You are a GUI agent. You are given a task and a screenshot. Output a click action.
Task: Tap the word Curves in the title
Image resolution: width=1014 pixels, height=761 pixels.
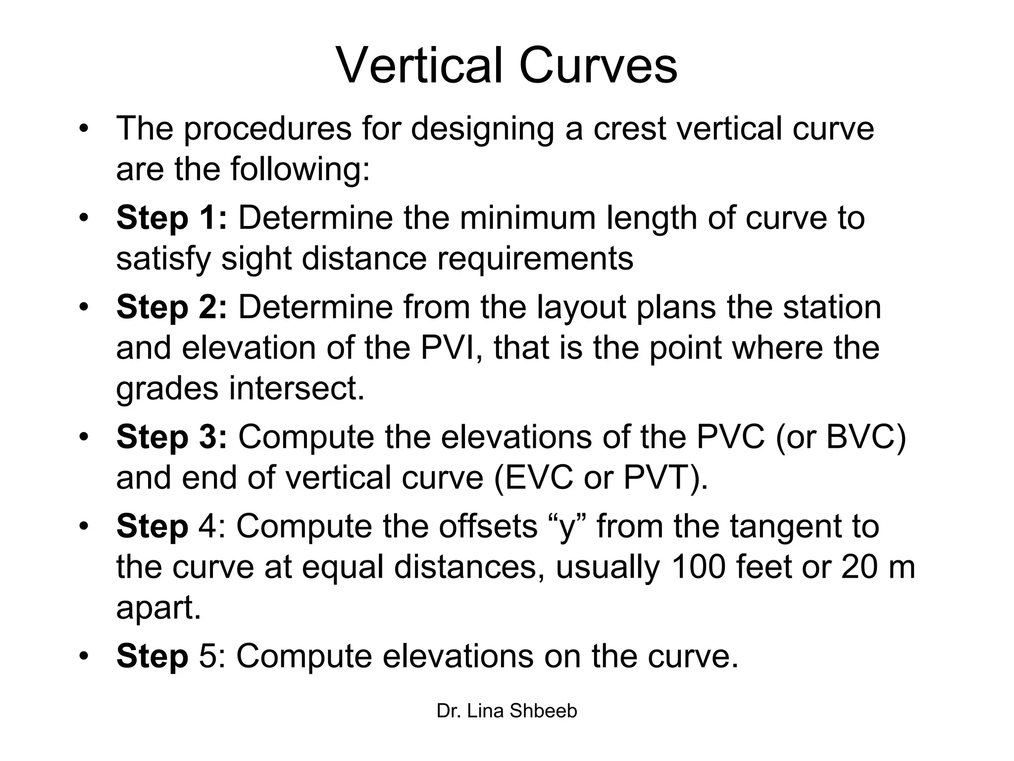click(598, 66)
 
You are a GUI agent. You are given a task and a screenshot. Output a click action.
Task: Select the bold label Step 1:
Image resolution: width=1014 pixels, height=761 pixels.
click(171, 218)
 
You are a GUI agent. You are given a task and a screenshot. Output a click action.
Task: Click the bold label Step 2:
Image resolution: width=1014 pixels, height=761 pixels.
click(171, 307)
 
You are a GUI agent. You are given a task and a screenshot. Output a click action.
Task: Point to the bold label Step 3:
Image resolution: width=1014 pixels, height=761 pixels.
click(171, 437)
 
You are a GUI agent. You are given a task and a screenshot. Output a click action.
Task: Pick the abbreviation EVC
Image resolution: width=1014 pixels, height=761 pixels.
click(539, 478)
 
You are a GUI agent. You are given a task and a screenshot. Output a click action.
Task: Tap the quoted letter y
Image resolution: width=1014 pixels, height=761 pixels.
click(567, 528)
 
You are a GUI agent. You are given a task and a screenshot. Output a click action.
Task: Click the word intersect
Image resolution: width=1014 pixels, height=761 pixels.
click(297, 388)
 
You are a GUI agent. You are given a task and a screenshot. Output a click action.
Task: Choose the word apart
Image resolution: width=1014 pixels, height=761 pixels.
click(158, 608)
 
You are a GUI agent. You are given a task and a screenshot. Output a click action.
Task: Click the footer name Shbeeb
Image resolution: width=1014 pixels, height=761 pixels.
click(543, 711)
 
